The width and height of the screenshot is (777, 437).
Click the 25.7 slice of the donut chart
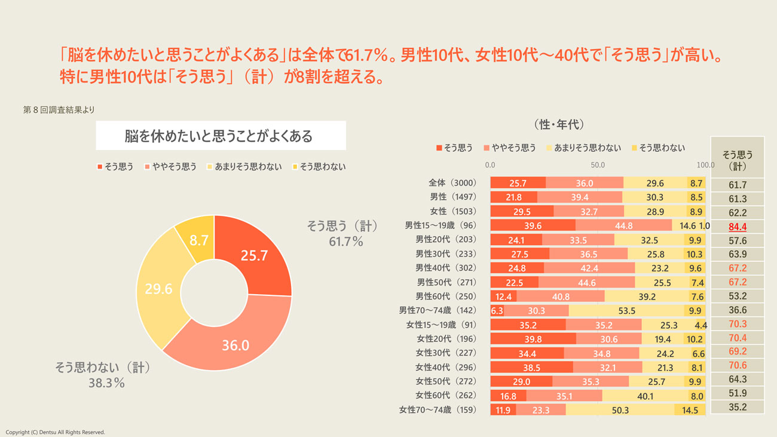tap(254, 256)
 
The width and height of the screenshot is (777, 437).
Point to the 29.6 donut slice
tap(158, 290)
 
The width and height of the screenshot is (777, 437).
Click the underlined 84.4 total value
tap(738, 227)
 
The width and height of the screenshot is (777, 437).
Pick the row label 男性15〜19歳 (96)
tap(440, 225)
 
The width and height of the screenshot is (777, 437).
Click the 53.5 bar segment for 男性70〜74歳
tap(626, 310)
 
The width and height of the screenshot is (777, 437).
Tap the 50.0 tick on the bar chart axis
tap(598, 165)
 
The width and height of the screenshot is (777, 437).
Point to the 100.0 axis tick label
tap(705, 165)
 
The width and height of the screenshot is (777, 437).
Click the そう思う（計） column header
tap(737, 160)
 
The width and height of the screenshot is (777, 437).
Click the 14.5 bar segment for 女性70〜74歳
tap(690, 410)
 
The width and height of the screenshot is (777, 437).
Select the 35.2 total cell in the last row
tap(738, 408)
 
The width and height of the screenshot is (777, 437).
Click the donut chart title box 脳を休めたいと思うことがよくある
tap(221, 136)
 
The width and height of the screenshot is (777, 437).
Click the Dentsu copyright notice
tap(55, 432)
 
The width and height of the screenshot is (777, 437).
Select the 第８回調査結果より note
tap(59, 110)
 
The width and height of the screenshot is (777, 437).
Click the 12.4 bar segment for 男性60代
tap(503, 297)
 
